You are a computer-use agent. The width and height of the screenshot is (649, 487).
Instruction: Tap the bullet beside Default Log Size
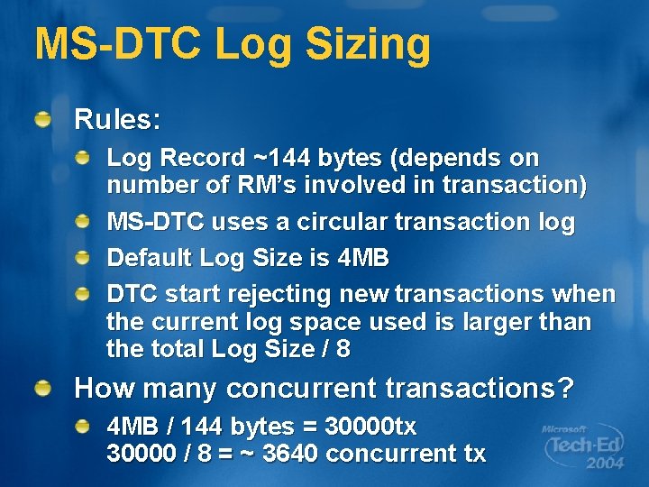(82, 259)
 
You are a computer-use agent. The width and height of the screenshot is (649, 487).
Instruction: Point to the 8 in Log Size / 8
(343, 349)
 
